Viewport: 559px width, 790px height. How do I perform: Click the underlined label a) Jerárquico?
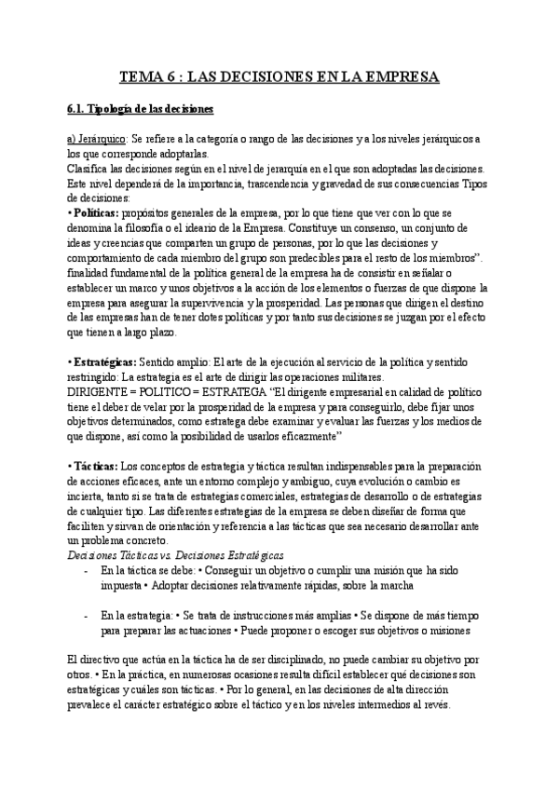(98, 139)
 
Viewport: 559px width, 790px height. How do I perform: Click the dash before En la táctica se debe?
(86, 570)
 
